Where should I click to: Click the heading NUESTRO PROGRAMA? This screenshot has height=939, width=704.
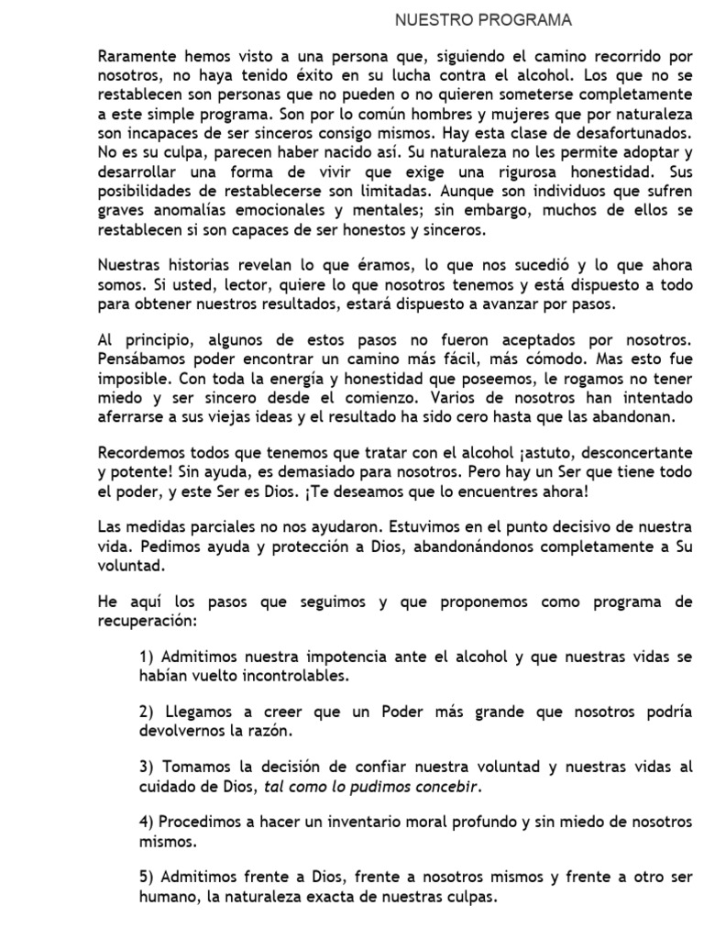coord(483,19)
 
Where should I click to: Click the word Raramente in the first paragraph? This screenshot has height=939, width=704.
coord(136,56)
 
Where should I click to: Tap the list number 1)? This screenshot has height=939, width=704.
coord(148,659)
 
